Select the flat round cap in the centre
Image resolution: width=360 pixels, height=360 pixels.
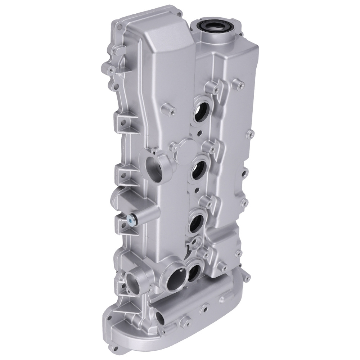(x=186, y=148)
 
